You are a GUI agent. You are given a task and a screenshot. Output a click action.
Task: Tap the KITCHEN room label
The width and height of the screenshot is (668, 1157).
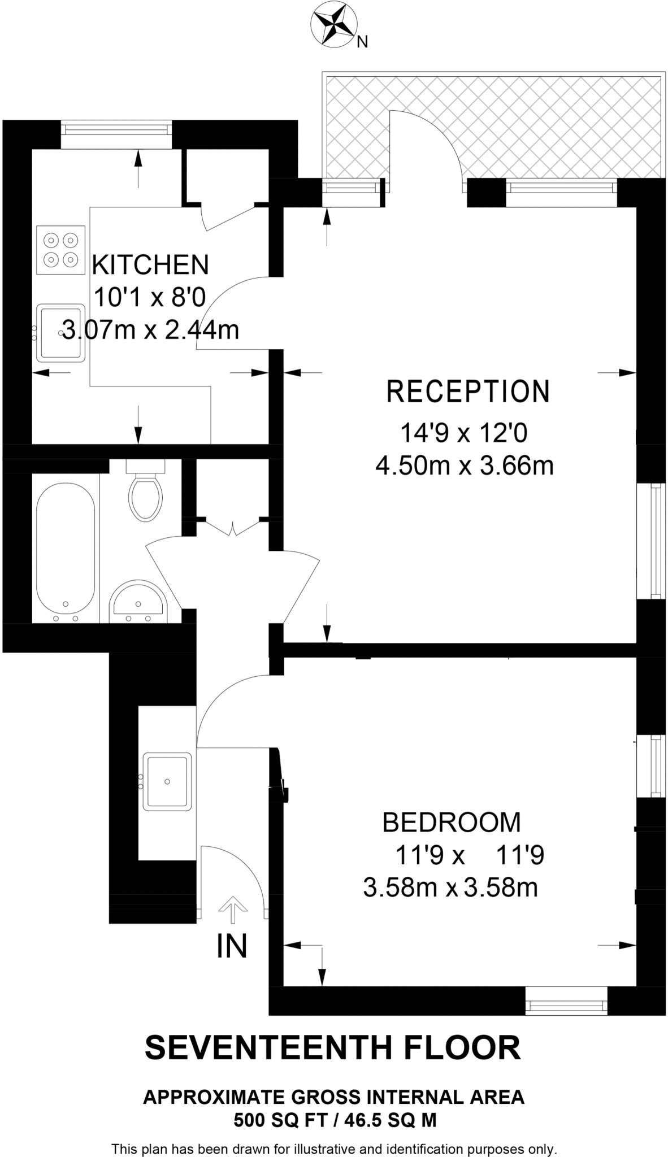(150, 265)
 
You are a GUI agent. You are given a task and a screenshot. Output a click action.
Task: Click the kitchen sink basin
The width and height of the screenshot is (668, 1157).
(61, 333)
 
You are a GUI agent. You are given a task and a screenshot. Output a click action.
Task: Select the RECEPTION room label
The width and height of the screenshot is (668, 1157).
(467, 392)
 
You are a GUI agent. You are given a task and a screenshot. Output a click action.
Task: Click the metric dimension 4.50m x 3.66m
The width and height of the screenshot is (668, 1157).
(464, 467)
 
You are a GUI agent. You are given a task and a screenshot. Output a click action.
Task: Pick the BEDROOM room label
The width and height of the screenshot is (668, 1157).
(452, 822)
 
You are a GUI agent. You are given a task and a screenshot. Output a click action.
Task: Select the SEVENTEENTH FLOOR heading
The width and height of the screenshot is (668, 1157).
(333, 1048)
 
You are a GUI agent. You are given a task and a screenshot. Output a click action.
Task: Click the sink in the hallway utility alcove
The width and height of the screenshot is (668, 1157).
(167, 781)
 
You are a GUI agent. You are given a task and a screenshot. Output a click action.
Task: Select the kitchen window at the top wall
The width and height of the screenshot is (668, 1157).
(116, 129)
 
